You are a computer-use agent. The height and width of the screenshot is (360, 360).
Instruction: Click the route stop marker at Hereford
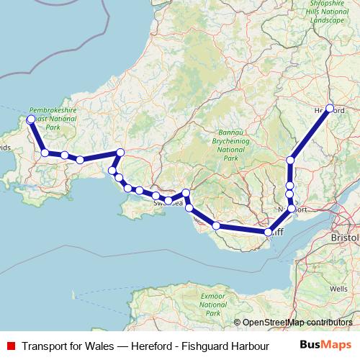[x=330, y=109]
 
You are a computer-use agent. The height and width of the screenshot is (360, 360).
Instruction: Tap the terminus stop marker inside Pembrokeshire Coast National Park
[x=31, y=120]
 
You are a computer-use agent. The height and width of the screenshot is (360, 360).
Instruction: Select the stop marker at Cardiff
[x=269, y=233]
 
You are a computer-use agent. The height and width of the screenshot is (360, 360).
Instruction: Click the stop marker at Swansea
[x=168, y=200]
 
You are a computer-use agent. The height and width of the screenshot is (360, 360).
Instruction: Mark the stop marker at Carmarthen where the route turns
[x=120, y=152]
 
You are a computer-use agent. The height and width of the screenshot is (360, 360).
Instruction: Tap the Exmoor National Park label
[x=213, y=303]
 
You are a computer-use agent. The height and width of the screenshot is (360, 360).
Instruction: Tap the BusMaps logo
[x=325, y=345]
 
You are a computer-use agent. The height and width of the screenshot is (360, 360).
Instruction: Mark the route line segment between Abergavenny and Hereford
[x=310, y=134]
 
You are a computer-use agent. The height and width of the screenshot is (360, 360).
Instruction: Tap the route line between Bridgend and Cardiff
[x=242, y=229]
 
